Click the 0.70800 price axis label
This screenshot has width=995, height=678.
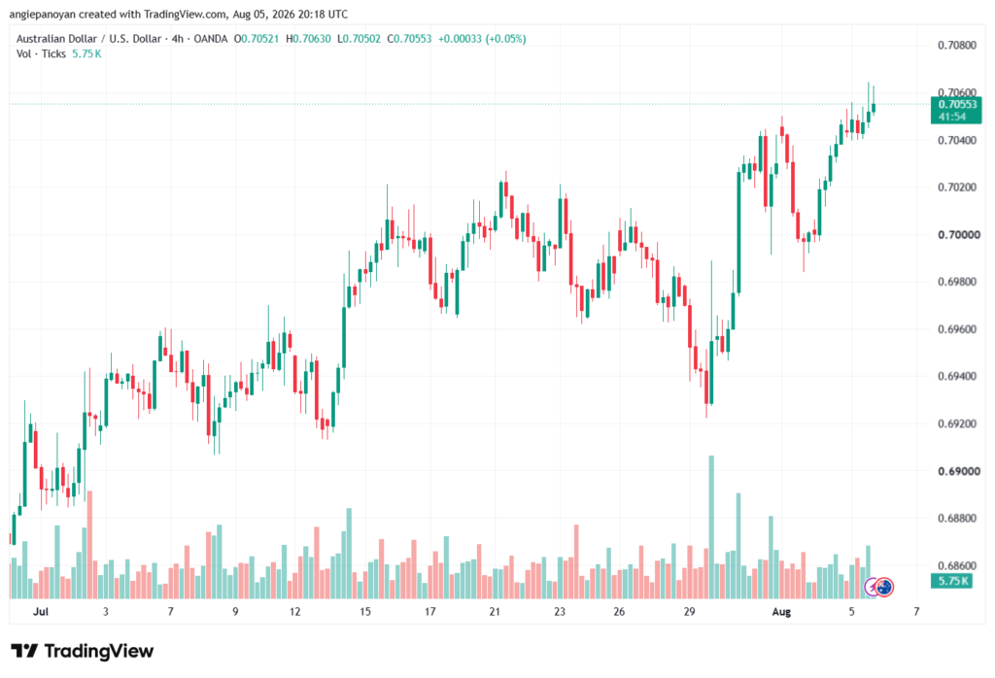tap(957, 45)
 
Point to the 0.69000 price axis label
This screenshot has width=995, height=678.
tap(957, 471)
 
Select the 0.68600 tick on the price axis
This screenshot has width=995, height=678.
tap(957, 565)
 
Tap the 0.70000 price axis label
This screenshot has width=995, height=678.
tap(957, 235)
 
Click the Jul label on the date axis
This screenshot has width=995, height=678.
tap(41, 611)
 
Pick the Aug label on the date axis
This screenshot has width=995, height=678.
tap(781, 611)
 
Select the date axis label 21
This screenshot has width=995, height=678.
tap(495, 611)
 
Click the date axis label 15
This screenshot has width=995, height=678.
tap(365, 611)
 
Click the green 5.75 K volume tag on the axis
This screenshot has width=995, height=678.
tap(951, 581)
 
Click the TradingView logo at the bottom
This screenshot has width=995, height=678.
tap(82, 651)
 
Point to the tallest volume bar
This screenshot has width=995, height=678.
tap(711, 527)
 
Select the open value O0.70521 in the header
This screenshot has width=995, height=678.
tap(257, 39)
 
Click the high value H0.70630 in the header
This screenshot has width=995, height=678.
tap(308, 39)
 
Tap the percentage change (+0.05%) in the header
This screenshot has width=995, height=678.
tap(505, 39)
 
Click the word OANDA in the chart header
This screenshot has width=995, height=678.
tap(211, 39)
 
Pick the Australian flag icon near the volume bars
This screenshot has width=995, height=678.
tap(884, 587)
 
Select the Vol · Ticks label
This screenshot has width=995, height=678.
tap(41, 54)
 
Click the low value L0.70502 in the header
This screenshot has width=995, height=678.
tap(359, 39)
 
